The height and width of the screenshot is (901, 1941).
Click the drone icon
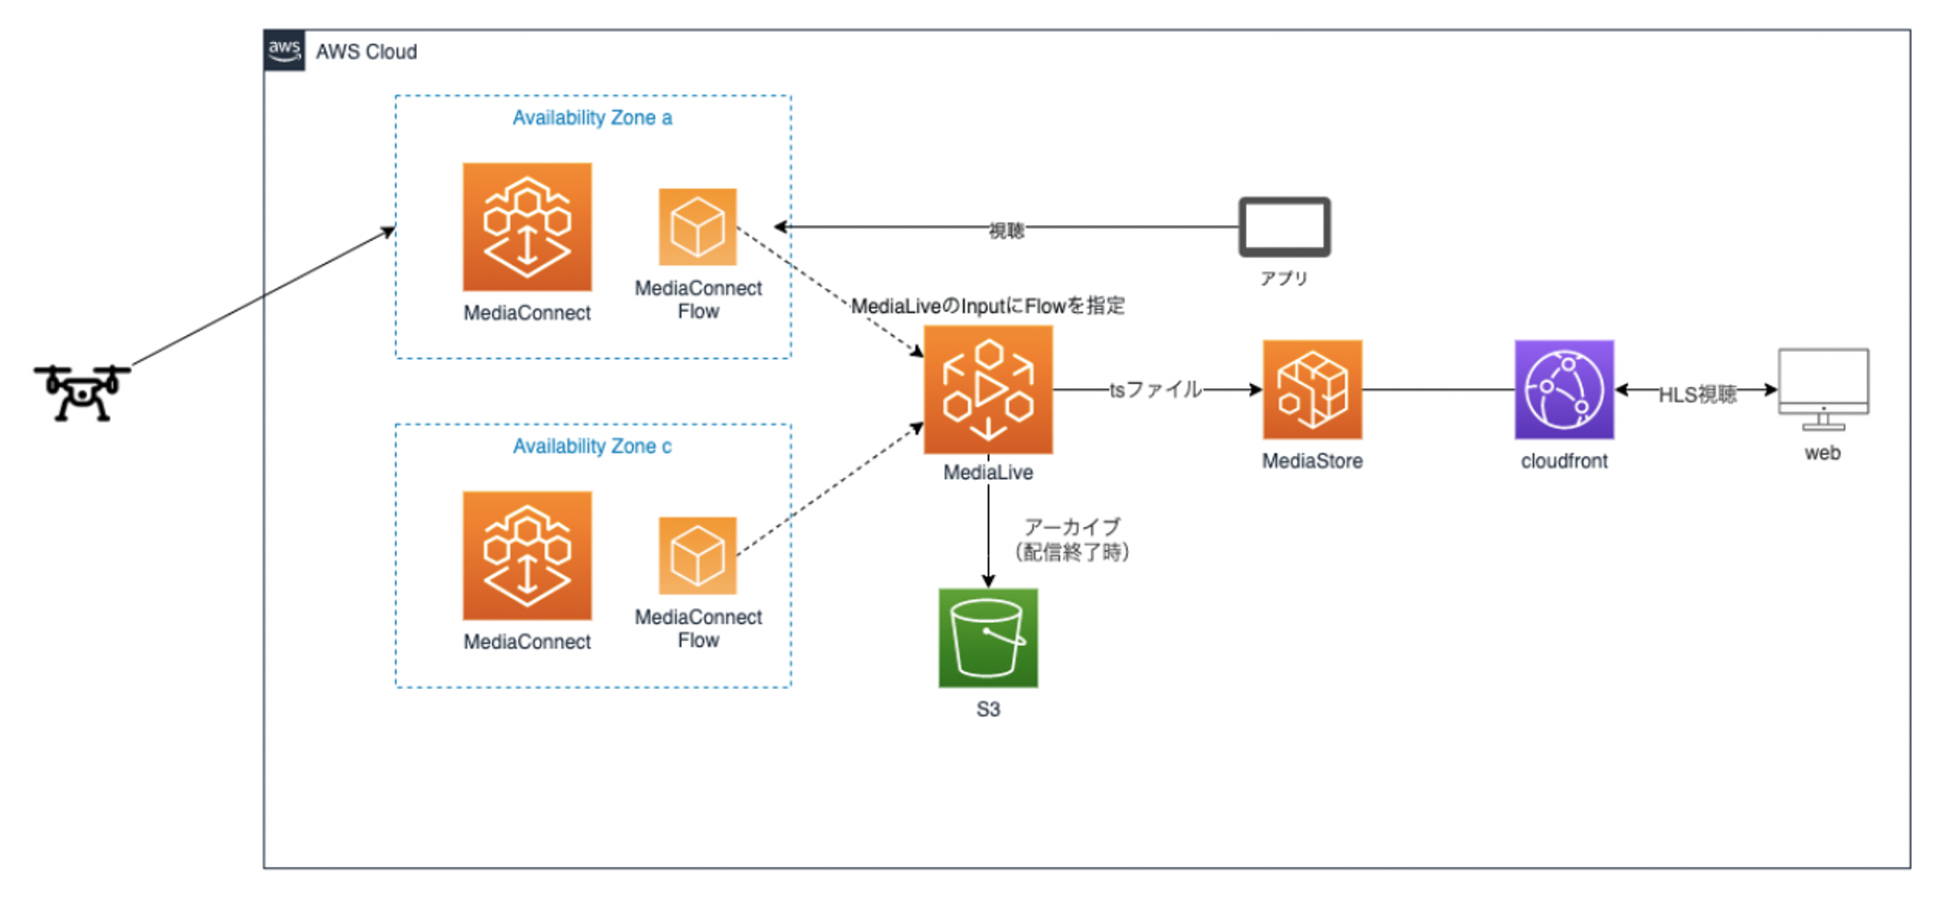[82, 393]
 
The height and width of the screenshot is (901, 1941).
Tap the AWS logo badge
[284, 50]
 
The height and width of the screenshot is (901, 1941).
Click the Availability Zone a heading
[592, 118]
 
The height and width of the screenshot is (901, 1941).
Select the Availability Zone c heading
[592, 446]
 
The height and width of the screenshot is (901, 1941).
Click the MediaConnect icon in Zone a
[527, 227]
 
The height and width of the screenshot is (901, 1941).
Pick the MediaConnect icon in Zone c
[527, 555]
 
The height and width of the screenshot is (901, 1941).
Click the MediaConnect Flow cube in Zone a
[697, 227]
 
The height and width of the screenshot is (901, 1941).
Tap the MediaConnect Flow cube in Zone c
[697, 555]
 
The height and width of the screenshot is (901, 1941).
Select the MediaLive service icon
[987, 389]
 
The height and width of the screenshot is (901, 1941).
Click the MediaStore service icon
[1312, 389]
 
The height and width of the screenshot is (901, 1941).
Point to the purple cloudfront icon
[1564, 389]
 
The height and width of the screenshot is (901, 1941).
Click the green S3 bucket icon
[987, 638]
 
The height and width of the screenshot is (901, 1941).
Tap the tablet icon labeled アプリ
[1284, 227]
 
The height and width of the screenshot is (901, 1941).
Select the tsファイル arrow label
[1155, 390]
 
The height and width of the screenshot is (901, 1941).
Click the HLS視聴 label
[1697, 394]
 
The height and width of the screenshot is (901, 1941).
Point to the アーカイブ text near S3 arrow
[1072, 527]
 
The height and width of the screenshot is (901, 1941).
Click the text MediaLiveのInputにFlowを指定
[987, 306]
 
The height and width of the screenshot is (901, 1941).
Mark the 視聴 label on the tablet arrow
[1006, 231]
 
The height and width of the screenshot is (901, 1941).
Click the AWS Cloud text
[366, 52]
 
